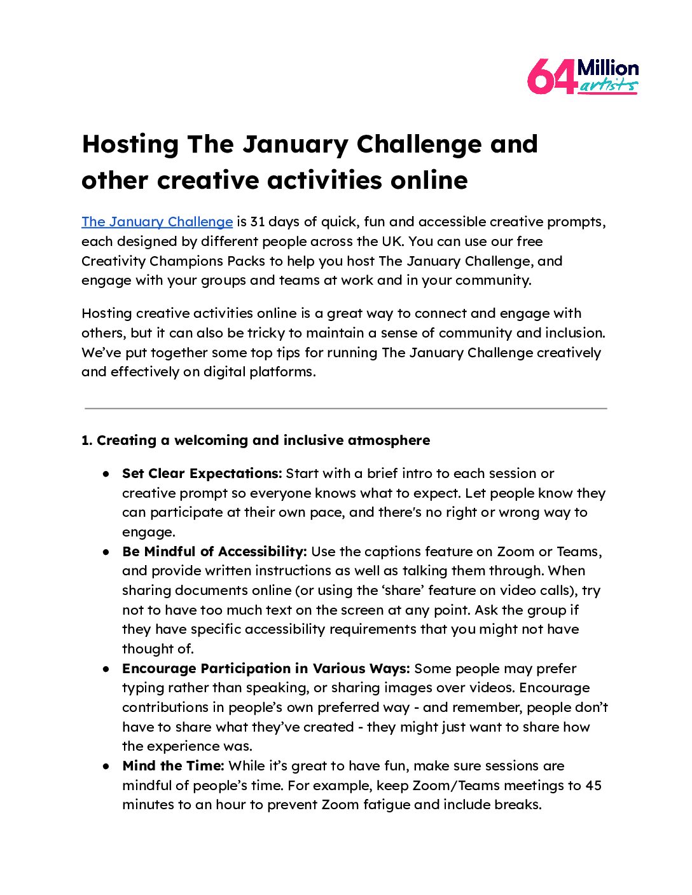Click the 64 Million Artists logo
point(583,77)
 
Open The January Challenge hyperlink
point(157,222)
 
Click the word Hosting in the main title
point(130,144)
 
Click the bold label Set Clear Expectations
point(202,474)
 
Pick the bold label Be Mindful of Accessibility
point(214,552)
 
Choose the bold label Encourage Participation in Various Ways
point(266,669)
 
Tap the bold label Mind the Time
point(172,766)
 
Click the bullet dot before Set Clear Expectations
point(106,474)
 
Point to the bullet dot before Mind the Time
point(106,767)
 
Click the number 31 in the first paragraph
point(258,222)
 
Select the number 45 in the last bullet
point(593,786)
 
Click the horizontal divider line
point(345,408)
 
